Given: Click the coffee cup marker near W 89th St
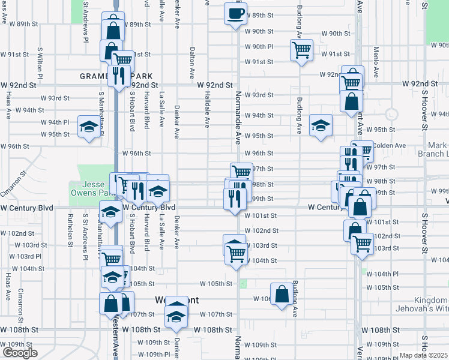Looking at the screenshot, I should [236, 13].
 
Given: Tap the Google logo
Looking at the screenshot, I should [20, 353].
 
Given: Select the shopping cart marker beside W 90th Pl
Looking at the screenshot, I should [301, 50].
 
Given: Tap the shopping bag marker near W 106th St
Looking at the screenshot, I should [282, 294].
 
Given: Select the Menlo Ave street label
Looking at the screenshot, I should [376, 61].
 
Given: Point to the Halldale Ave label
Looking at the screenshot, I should [206, 110].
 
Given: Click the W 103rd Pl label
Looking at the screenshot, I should [26, 256].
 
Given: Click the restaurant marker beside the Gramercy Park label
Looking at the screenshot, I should [118, 74].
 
